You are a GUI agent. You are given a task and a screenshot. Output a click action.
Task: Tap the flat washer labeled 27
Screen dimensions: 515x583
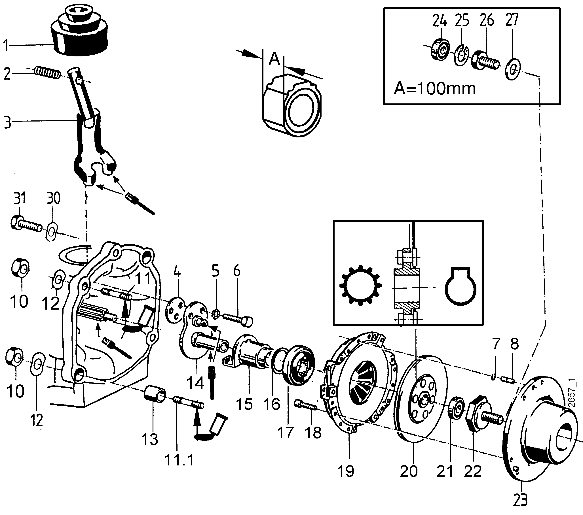click(513, 69)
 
